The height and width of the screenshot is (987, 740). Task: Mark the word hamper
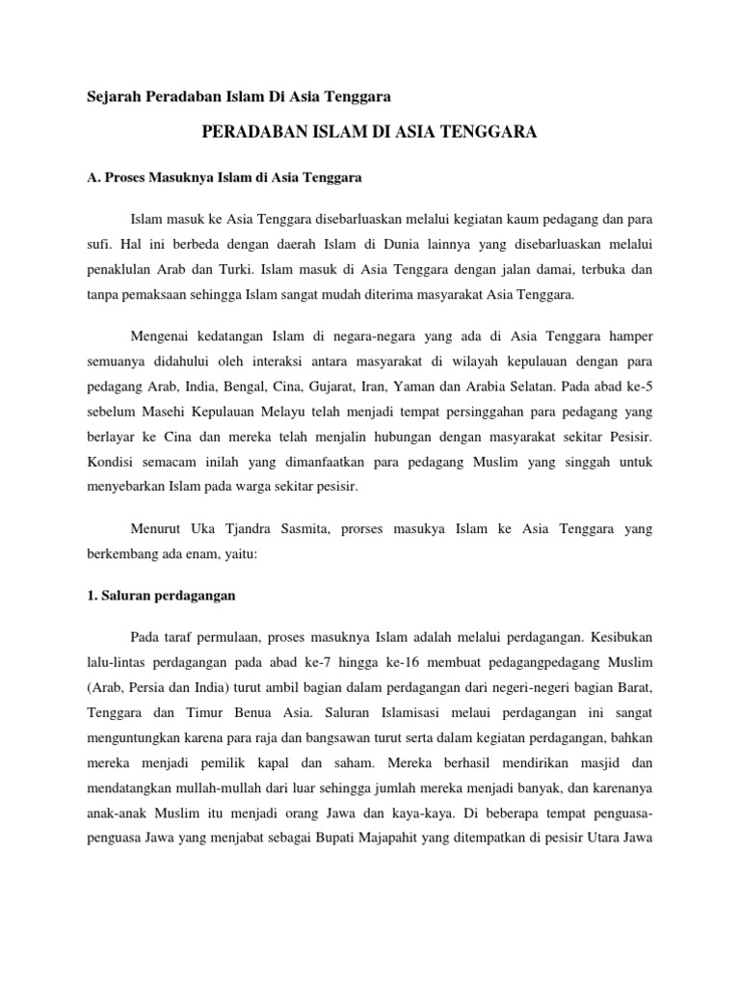point(630,336)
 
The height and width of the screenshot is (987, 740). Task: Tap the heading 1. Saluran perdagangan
point(154,596)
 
